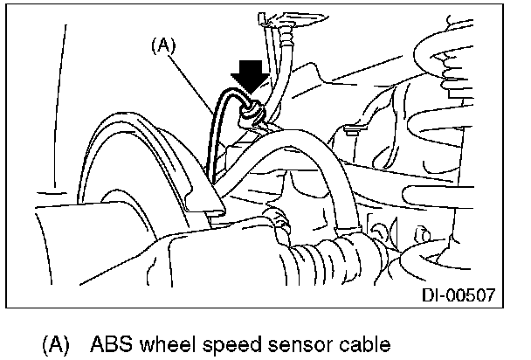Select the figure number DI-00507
[x=459, y=296]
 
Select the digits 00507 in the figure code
[x=472, y=296]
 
